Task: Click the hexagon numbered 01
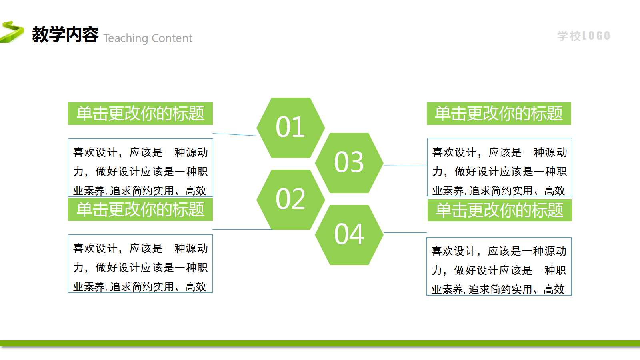290,127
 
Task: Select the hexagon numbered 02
290,199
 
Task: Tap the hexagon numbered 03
349,163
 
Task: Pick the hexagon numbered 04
349,235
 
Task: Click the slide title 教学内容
65,34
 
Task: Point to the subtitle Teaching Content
148,38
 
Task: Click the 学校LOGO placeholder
583,36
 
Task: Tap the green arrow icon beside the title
12,32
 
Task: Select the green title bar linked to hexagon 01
140,114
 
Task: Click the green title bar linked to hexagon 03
499,114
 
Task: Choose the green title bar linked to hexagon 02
140,210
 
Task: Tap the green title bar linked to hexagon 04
500,210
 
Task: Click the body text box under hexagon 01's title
140,168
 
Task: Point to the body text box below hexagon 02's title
140,264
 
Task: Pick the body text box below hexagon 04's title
499,266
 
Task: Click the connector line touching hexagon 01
234,134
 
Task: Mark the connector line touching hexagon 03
405,165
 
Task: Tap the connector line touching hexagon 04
405,232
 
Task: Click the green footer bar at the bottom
320,343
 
